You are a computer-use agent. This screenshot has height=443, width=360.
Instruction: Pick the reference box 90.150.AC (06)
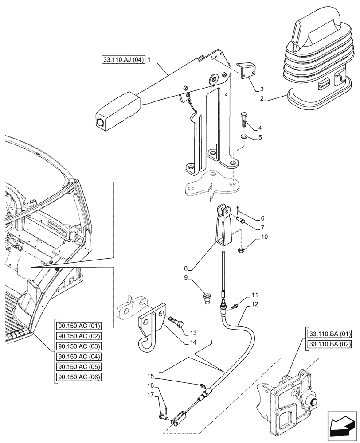point(79,377)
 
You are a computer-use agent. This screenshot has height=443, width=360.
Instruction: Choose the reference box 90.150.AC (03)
point(79,347)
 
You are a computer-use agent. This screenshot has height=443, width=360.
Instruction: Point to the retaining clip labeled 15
point(203,385)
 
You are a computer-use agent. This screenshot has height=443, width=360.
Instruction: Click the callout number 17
point(151,395)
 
